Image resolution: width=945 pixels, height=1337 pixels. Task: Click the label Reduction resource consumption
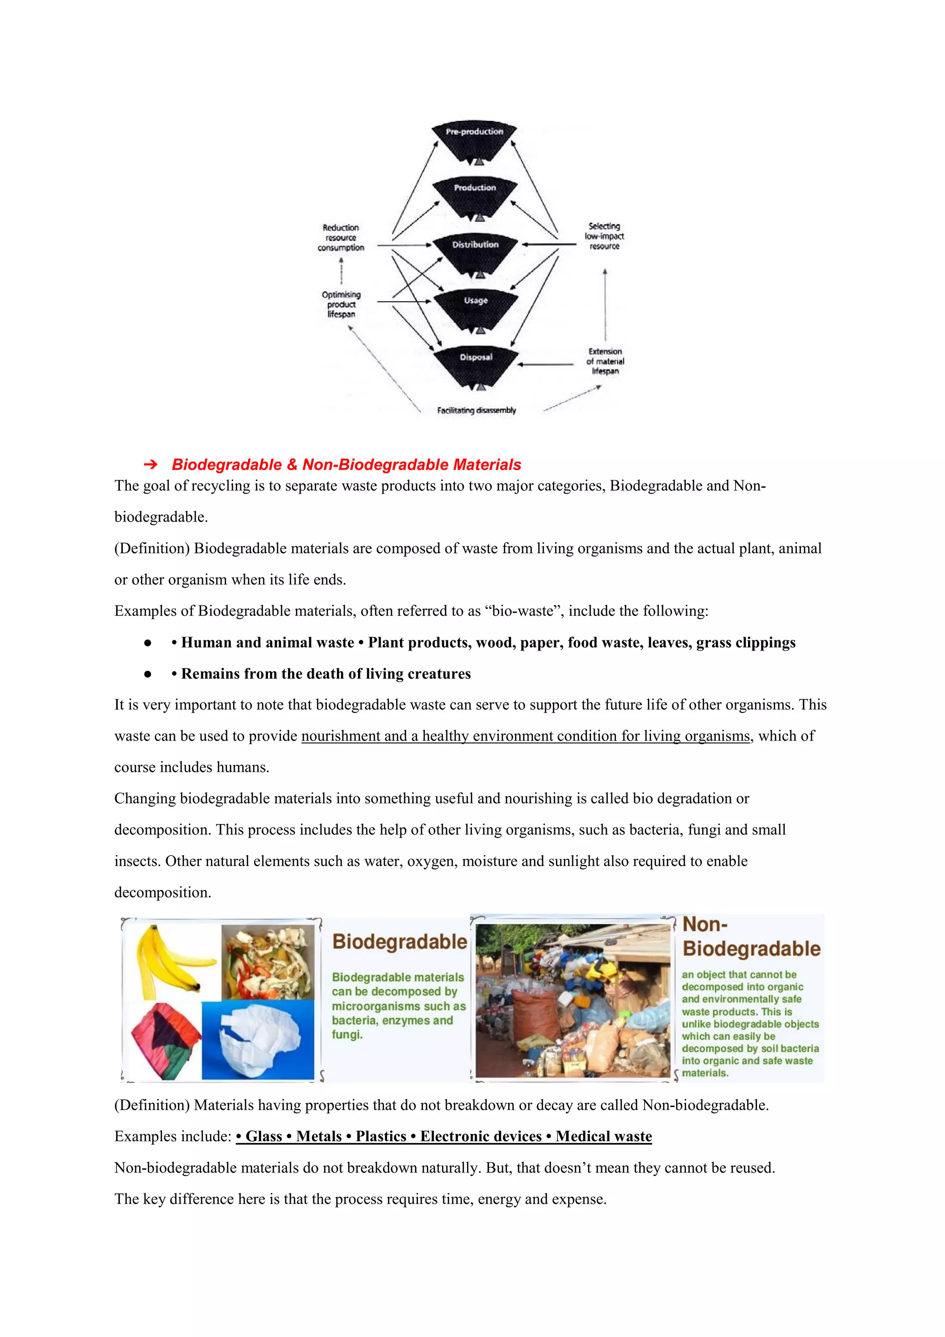coord(341,238)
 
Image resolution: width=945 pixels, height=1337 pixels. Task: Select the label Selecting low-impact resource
coord(604,236)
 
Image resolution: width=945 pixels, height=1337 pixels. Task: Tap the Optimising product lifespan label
coord(341,304)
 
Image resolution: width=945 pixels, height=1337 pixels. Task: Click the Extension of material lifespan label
coord(605,361)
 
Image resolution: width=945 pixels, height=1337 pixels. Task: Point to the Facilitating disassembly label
coord(477,410)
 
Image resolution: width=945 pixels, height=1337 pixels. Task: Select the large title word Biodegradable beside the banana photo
coord(400,942)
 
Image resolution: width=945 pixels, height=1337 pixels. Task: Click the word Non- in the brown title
coord(705,924)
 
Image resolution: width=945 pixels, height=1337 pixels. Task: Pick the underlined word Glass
coord(263,1136)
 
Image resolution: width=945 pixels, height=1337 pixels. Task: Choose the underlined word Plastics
coord(381,1136)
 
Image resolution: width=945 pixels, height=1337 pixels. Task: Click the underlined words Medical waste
coord(604,1136)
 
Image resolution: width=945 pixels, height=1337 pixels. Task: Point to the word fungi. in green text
coord(347,1034)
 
